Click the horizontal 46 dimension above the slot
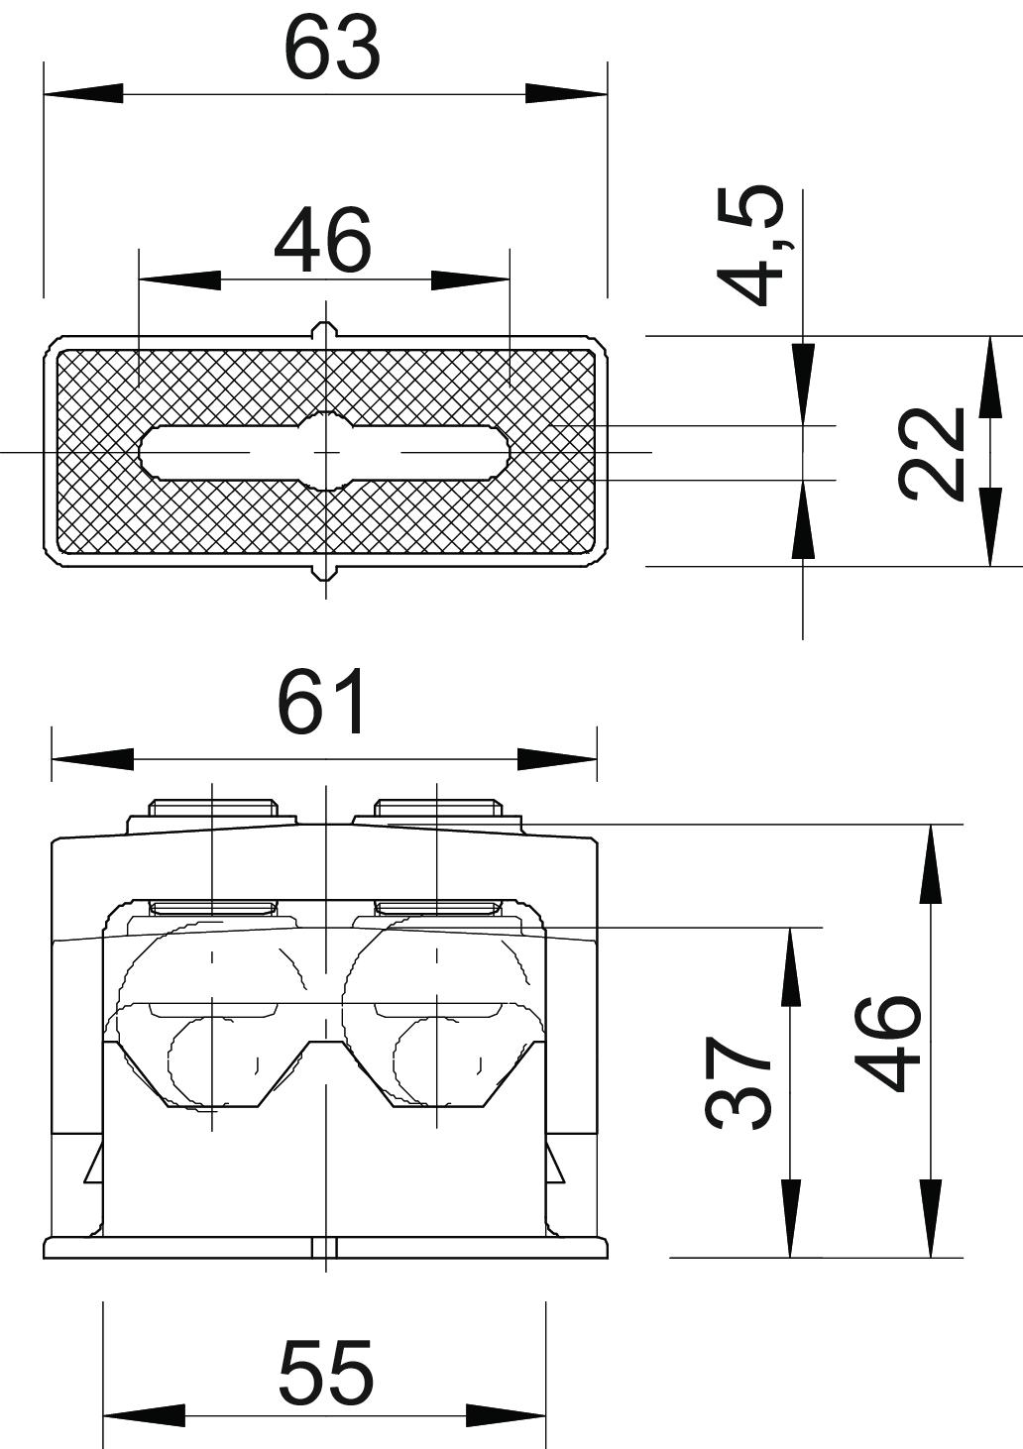pyautogui.click(x=323, y=241)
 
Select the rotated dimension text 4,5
pyautogui.click(x=750, y=246)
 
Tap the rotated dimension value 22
pyautogui.click(x=932, y=452)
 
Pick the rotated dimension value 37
pyautogui.click(x=739, y=1083)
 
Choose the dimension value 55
pyautogui.click(x=325, y=1373)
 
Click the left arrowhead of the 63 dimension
pyautogui.click(x=83, y=94)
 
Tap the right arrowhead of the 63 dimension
pyautogui.click(x=566, y=94)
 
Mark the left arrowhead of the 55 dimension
pyautogui.click(x=144, y=1415)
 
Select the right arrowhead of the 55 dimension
pyautogui.click(x=506, y=1415)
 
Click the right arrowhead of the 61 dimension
pyautogui.click(x=557, y=760)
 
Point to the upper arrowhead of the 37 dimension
pyautogui.click(x=790, y=966)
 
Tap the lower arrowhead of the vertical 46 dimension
pyautogui.click(x=930, y=1219)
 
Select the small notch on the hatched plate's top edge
pyautogui.click(x=325, y=330)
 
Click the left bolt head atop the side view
pyautogui.click(x=211, y=808)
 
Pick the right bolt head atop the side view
pyautogui.click(x=436, y=808)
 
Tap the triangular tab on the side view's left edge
pyautogui.click(x=94, y=1164)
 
